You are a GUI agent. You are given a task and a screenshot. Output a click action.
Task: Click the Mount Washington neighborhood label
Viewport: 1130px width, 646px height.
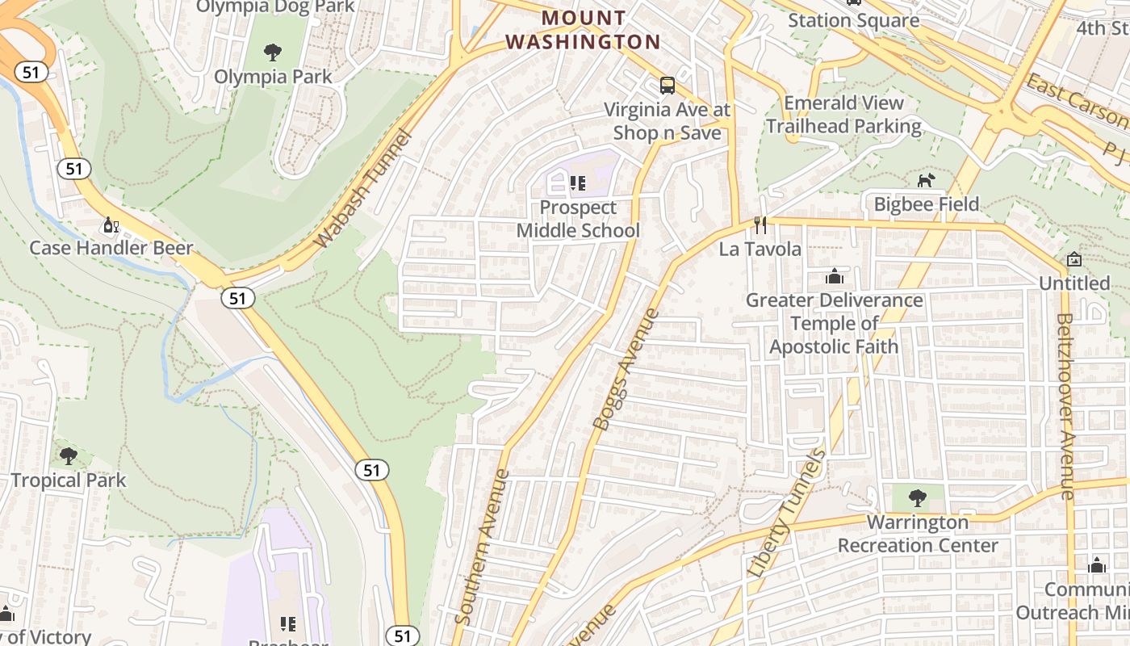click(583, 30)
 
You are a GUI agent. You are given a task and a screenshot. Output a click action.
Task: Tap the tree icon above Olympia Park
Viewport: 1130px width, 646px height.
click(273, 52)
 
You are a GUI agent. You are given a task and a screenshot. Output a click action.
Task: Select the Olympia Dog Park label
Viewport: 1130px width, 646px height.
click(275, 6)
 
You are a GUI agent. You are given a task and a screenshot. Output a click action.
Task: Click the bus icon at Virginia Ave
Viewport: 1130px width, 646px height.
click(667, 85)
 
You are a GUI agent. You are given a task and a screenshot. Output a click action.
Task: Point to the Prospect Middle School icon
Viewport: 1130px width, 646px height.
click(577, 183)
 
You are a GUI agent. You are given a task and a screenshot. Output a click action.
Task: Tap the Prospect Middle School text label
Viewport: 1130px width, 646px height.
click(577, 219)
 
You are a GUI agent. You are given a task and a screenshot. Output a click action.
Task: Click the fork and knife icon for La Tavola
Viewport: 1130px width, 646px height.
click(760, 224)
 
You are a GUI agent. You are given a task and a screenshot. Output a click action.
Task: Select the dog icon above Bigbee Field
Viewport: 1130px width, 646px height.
click(926, 180)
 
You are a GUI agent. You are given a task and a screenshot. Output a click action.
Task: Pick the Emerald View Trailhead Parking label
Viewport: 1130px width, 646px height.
click(843, 115)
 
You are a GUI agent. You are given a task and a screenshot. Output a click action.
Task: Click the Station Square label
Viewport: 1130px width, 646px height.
click(853, 21)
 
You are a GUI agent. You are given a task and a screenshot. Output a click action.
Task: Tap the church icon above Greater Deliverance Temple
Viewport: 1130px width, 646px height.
click(834, 277)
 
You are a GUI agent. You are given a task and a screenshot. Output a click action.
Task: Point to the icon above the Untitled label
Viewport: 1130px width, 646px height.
click(1073, 259)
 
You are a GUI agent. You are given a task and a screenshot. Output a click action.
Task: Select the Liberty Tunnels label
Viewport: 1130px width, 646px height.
click(787, 513)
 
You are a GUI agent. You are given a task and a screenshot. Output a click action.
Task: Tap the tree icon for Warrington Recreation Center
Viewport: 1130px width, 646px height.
click(916, 497)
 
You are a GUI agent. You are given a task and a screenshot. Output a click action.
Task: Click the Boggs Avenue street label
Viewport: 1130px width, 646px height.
click(627, 369)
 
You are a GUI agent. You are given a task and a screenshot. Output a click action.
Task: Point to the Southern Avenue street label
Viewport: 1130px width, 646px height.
click(482, 547)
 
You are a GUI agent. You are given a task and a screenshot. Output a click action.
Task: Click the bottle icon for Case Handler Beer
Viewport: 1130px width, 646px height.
click(111, 224)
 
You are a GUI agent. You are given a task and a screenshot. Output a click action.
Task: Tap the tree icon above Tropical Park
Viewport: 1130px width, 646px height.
click(69, 456)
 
